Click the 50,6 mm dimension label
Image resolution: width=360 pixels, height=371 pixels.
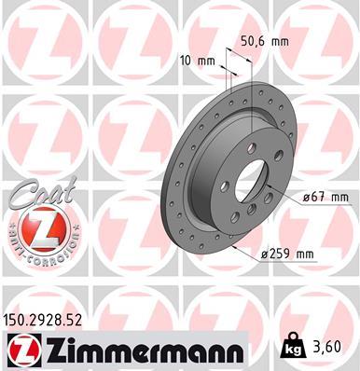coord(264,42)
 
